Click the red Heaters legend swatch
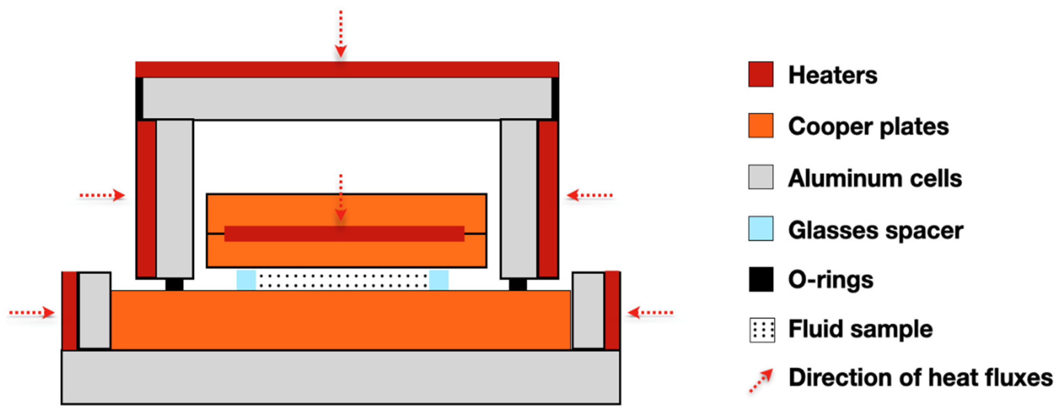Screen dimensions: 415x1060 [x=760, y=74]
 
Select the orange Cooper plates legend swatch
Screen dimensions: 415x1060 [x=760, y=125]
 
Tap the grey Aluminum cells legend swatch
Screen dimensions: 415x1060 [x=760, y=177]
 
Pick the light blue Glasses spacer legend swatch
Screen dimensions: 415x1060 [x=760, y=228]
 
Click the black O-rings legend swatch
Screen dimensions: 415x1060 [x=760, y=279]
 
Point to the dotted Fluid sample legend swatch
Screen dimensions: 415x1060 [x=762, y=330]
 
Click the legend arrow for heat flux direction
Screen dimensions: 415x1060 [x=760, y=380]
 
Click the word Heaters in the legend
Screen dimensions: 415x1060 [x=832, y=75]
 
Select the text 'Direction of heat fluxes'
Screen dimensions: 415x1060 [x=920, y=378]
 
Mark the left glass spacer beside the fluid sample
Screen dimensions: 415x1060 [x=246, y=280]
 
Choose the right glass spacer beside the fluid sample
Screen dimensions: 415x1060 [x=439, y=280]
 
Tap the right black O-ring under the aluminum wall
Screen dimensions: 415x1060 [x=517, y=284]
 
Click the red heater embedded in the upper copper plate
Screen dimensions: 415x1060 [x=344, y=234]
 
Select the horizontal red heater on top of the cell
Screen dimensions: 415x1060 [x=346, y=69]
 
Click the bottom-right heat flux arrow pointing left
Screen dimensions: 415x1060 [x=650, y=313]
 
